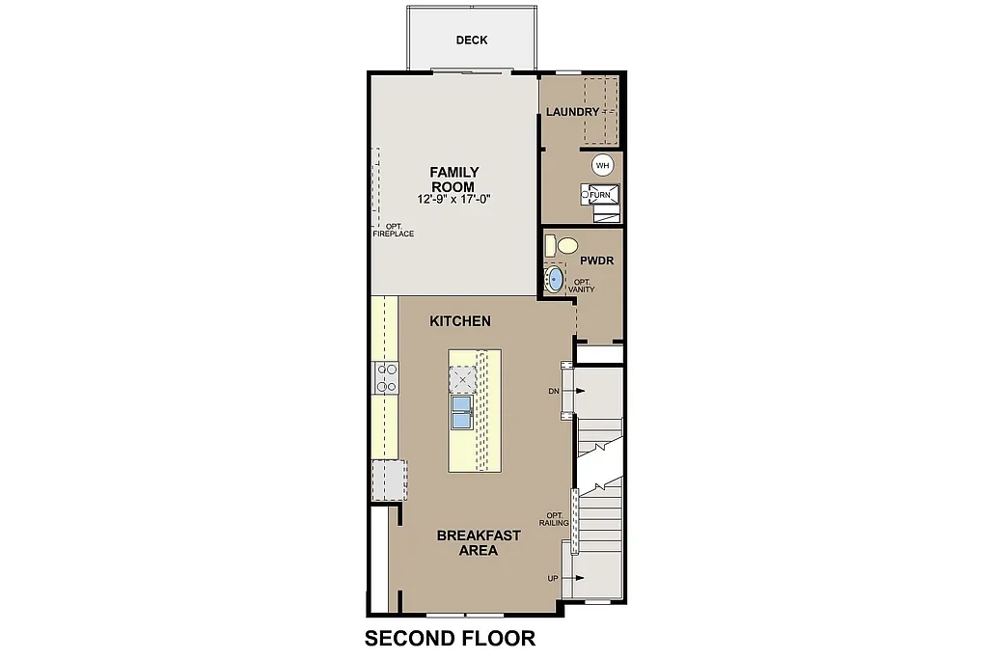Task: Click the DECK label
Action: pos(472,41)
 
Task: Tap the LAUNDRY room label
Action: pos(572,112)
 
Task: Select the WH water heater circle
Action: pos(603,165)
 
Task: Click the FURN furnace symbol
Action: pos(599,195)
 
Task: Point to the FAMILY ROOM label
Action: pos(453,179)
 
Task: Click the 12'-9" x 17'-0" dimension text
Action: pos(453,200)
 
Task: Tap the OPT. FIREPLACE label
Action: pos(394,230)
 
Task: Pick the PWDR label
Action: pos(597,261)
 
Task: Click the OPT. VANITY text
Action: pos(581,286)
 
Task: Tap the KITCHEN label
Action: pos(460,321)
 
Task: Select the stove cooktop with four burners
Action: pos(387,377)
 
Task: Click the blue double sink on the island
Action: pos(462,412)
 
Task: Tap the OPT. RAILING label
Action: pos(554,519)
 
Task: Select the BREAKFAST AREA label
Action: pos(479,543)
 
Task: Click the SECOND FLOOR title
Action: pos(450,639)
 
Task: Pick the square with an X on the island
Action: pos(463,379)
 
